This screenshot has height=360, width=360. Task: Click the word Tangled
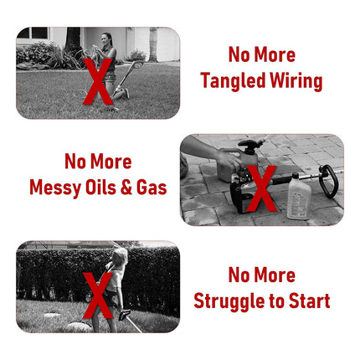233,81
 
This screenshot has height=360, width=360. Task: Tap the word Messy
55,188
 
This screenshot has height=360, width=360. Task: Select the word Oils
100,188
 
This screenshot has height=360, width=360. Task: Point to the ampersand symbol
126,188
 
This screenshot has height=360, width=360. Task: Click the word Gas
152,188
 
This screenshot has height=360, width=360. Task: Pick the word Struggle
229,301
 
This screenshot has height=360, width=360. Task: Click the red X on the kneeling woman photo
98,81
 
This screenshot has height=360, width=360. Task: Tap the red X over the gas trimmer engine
261,188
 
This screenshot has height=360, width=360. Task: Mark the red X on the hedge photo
98,296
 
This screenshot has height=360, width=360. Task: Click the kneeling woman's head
107,39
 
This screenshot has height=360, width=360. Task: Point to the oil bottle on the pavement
298,196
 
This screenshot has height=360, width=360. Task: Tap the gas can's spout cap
249,144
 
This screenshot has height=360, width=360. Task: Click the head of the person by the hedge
121,256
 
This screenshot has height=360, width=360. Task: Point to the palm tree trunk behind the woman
153,44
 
